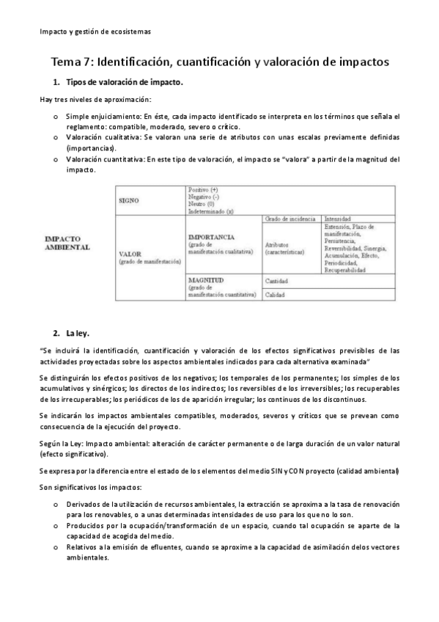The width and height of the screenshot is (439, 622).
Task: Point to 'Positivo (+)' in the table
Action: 203,190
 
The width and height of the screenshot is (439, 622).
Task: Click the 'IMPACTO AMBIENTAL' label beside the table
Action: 67,244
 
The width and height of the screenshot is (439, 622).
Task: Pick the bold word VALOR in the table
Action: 130,253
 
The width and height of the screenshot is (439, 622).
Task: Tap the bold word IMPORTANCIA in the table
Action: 211,238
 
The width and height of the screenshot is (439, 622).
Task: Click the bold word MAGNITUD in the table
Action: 206,280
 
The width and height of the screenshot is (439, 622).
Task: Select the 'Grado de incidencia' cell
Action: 289,219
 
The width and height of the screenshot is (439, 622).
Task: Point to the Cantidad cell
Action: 276,281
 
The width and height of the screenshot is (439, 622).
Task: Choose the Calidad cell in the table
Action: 275,294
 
